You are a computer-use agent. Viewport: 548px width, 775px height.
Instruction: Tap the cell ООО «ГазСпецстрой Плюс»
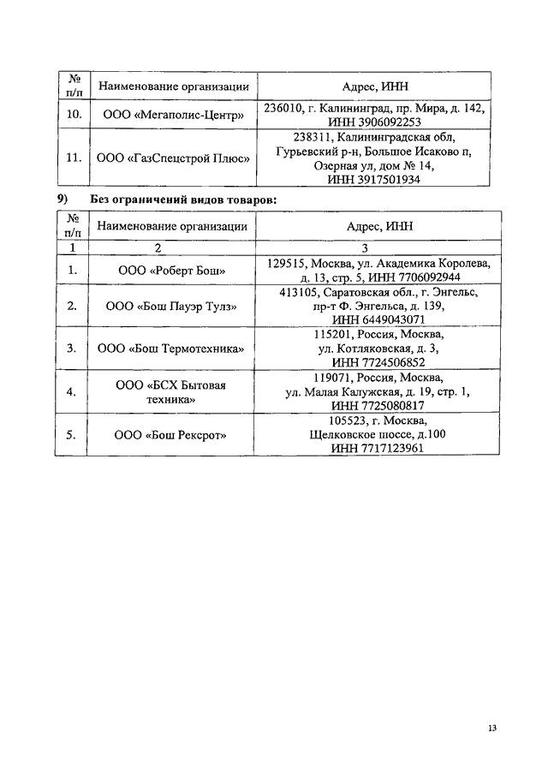tap(172, 158)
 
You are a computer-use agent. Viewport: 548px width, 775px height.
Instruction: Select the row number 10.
tap(74, 115)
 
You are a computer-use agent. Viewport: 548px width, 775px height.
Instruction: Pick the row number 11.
tap(74, 158)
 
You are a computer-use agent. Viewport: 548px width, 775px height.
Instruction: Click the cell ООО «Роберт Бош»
tap(172, 271)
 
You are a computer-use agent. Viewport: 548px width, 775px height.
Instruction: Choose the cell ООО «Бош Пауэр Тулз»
tap(171, 306)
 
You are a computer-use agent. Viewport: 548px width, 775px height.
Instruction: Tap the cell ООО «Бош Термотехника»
tap(171, 349)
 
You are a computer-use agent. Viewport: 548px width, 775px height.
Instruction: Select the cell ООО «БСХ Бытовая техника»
tap(171, 392)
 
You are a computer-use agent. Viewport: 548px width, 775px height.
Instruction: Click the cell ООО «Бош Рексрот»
tap(171, 435)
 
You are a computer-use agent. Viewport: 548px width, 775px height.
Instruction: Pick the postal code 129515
tap(287, 264)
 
